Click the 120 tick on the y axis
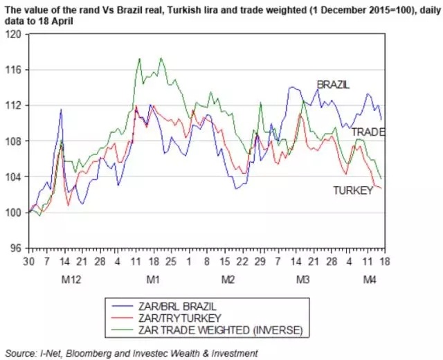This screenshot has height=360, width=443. click(13, 34)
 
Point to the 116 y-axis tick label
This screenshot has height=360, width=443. click(13, 70)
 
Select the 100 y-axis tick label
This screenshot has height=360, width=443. click(13, 212)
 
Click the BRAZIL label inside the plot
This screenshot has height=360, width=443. click(333, 84)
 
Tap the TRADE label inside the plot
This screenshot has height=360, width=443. click(368, 132)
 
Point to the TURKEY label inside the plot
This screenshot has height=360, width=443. click(353, 190)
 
